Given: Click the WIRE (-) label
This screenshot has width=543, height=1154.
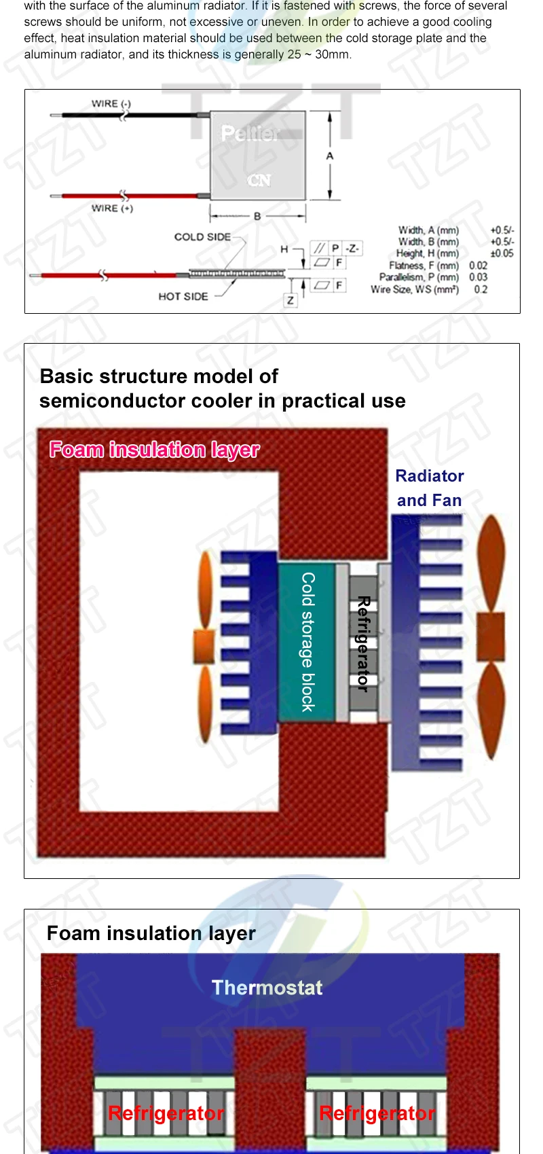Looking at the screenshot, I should (111, 104).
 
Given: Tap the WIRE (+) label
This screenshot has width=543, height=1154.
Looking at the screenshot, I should (112, 209).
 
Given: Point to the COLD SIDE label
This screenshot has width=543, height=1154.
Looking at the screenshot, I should (202, 237).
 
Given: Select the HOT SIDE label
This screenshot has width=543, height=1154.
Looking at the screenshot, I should (183, 296).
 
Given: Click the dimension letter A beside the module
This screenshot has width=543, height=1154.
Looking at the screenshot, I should (330, 156).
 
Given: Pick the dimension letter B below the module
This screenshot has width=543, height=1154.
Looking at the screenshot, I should (257, 217).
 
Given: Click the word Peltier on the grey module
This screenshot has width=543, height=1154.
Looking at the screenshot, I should (250, 133).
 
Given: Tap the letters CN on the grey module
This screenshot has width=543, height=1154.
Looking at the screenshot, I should (259, 181).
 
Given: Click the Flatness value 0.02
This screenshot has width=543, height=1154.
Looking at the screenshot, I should (478, 266).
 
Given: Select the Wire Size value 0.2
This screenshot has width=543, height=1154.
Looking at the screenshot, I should (481, 289).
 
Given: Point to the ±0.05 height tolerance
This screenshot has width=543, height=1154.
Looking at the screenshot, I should (502, 253).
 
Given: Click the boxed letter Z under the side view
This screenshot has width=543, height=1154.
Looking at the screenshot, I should (291, 300).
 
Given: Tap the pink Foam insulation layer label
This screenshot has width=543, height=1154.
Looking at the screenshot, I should (155, 450).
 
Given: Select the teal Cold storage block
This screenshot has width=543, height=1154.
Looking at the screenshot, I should (307, 642).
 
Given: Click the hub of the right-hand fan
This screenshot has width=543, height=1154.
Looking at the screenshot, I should (490, 636).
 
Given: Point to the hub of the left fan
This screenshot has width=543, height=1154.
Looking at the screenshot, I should (204, 647).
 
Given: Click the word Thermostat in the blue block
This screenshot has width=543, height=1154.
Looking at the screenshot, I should (267, 988).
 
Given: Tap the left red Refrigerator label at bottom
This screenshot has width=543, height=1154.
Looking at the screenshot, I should (166, 1113).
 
